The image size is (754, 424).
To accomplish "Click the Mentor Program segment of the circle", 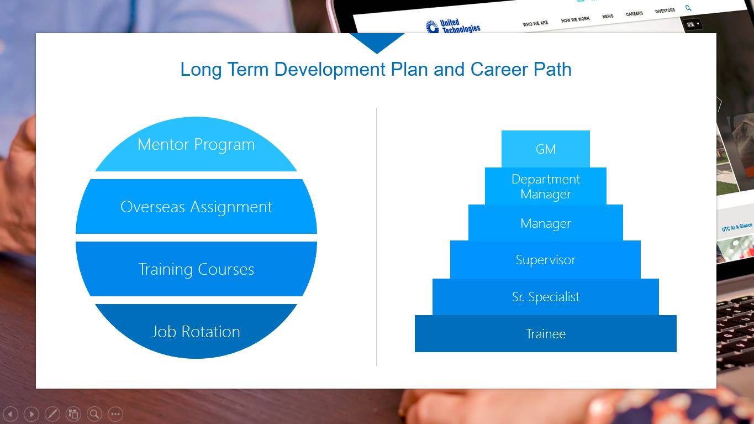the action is pyautogui.click(x=196, y=145).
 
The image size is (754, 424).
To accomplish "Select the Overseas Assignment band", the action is pyautogui.click(x=196, y=206).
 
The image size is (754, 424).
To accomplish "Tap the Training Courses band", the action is pyautogui.click(x=196, y=269).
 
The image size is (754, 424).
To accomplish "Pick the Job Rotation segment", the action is pyautogui.click(x=196, y=331).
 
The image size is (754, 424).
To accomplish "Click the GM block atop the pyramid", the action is pyautogui.click(x=546, y=149).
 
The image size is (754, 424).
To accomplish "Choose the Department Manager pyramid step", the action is pyautogui.click(x=546, y=186).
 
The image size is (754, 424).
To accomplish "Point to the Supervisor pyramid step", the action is pyautogui.click(x=546, y=260).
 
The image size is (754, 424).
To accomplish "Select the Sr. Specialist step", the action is pyautogui.click(x=546, y=297).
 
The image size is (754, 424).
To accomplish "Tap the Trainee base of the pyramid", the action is pyautogui.click(x=546, y=333).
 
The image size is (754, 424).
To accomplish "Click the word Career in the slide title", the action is pyautogui.click(x=499, y=69).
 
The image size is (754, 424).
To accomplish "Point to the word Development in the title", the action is pyautogui.click(x=330, y=70).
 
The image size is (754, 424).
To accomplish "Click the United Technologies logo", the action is pyautogui.click(x=453, y=27).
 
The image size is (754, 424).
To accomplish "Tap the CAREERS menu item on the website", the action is pyautogui.click(x=634, y=14).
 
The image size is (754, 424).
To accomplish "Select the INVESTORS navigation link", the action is pyautogui.click(x=665, y=11).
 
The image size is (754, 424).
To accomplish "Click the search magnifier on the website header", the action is pyautogui.click(x=688, y=8).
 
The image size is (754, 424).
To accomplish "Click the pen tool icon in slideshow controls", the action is pyautogui.click(x=52, y=414).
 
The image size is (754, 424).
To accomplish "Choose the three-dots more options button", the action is pyautogui.click(x=115, y=414).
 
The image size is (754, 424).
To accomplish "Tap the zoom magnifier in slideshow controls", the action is pyautogui.click(x=94, y=414).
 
